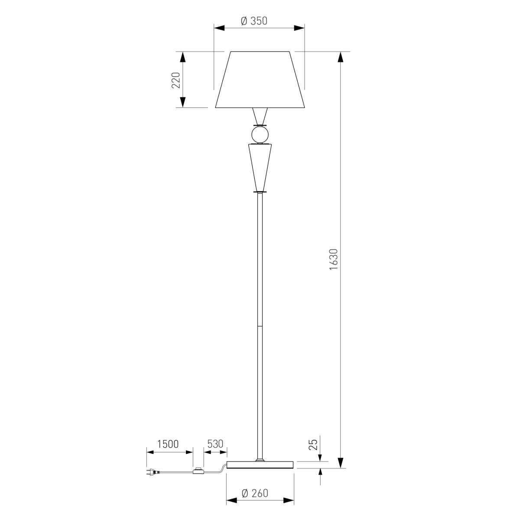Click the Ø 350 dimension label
point(254,21)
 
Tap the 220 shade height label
point(175,80)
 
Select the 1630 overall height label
point(334,259)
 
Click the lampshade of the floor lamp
point(260,80)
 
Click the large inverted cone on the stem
point(260,167)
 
